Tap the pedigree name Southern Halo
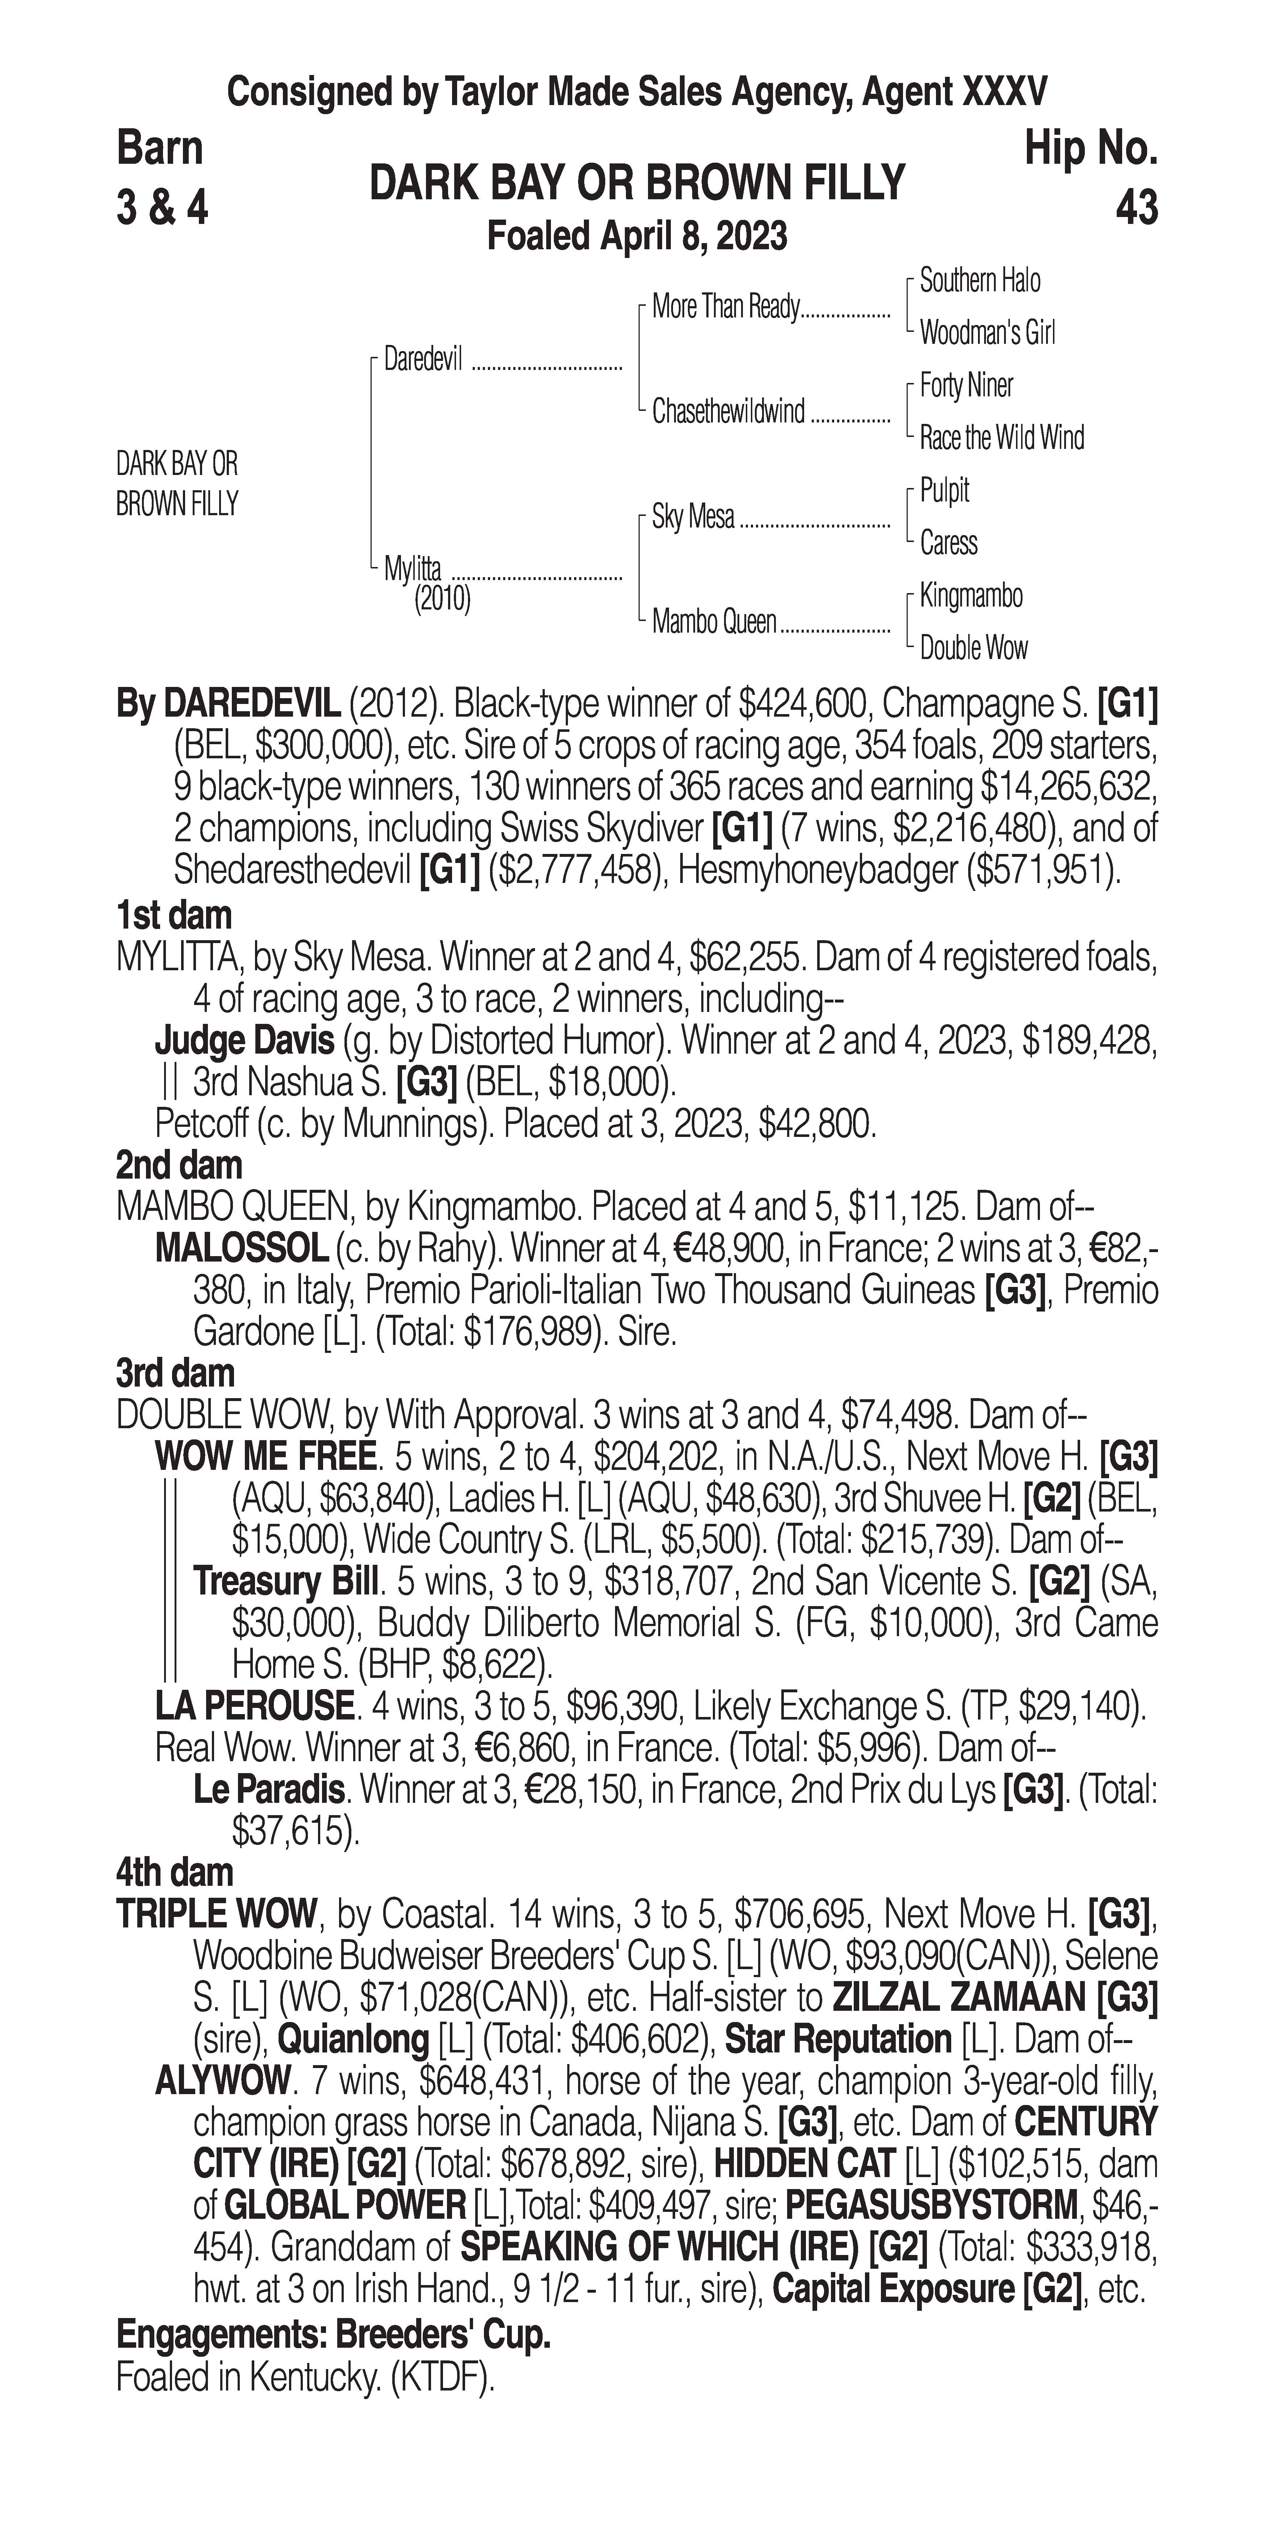pyautogui.click(x=979, y=281)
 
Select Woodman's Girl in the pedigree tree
pyautogui.click(x=986, y=333)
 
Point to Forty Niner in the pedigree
pyautogui.click(x=966, y=385)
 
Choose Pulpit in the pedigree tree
pyautogui.click(x=944, y=491)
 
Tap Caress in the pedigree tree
pyautogui.click(x=948, y=543)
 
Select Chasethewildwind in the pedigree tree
pyautogui.click(x=728, y=411)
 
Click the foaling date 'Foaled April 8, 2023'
pyautogui.click(x=637, y=236)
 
